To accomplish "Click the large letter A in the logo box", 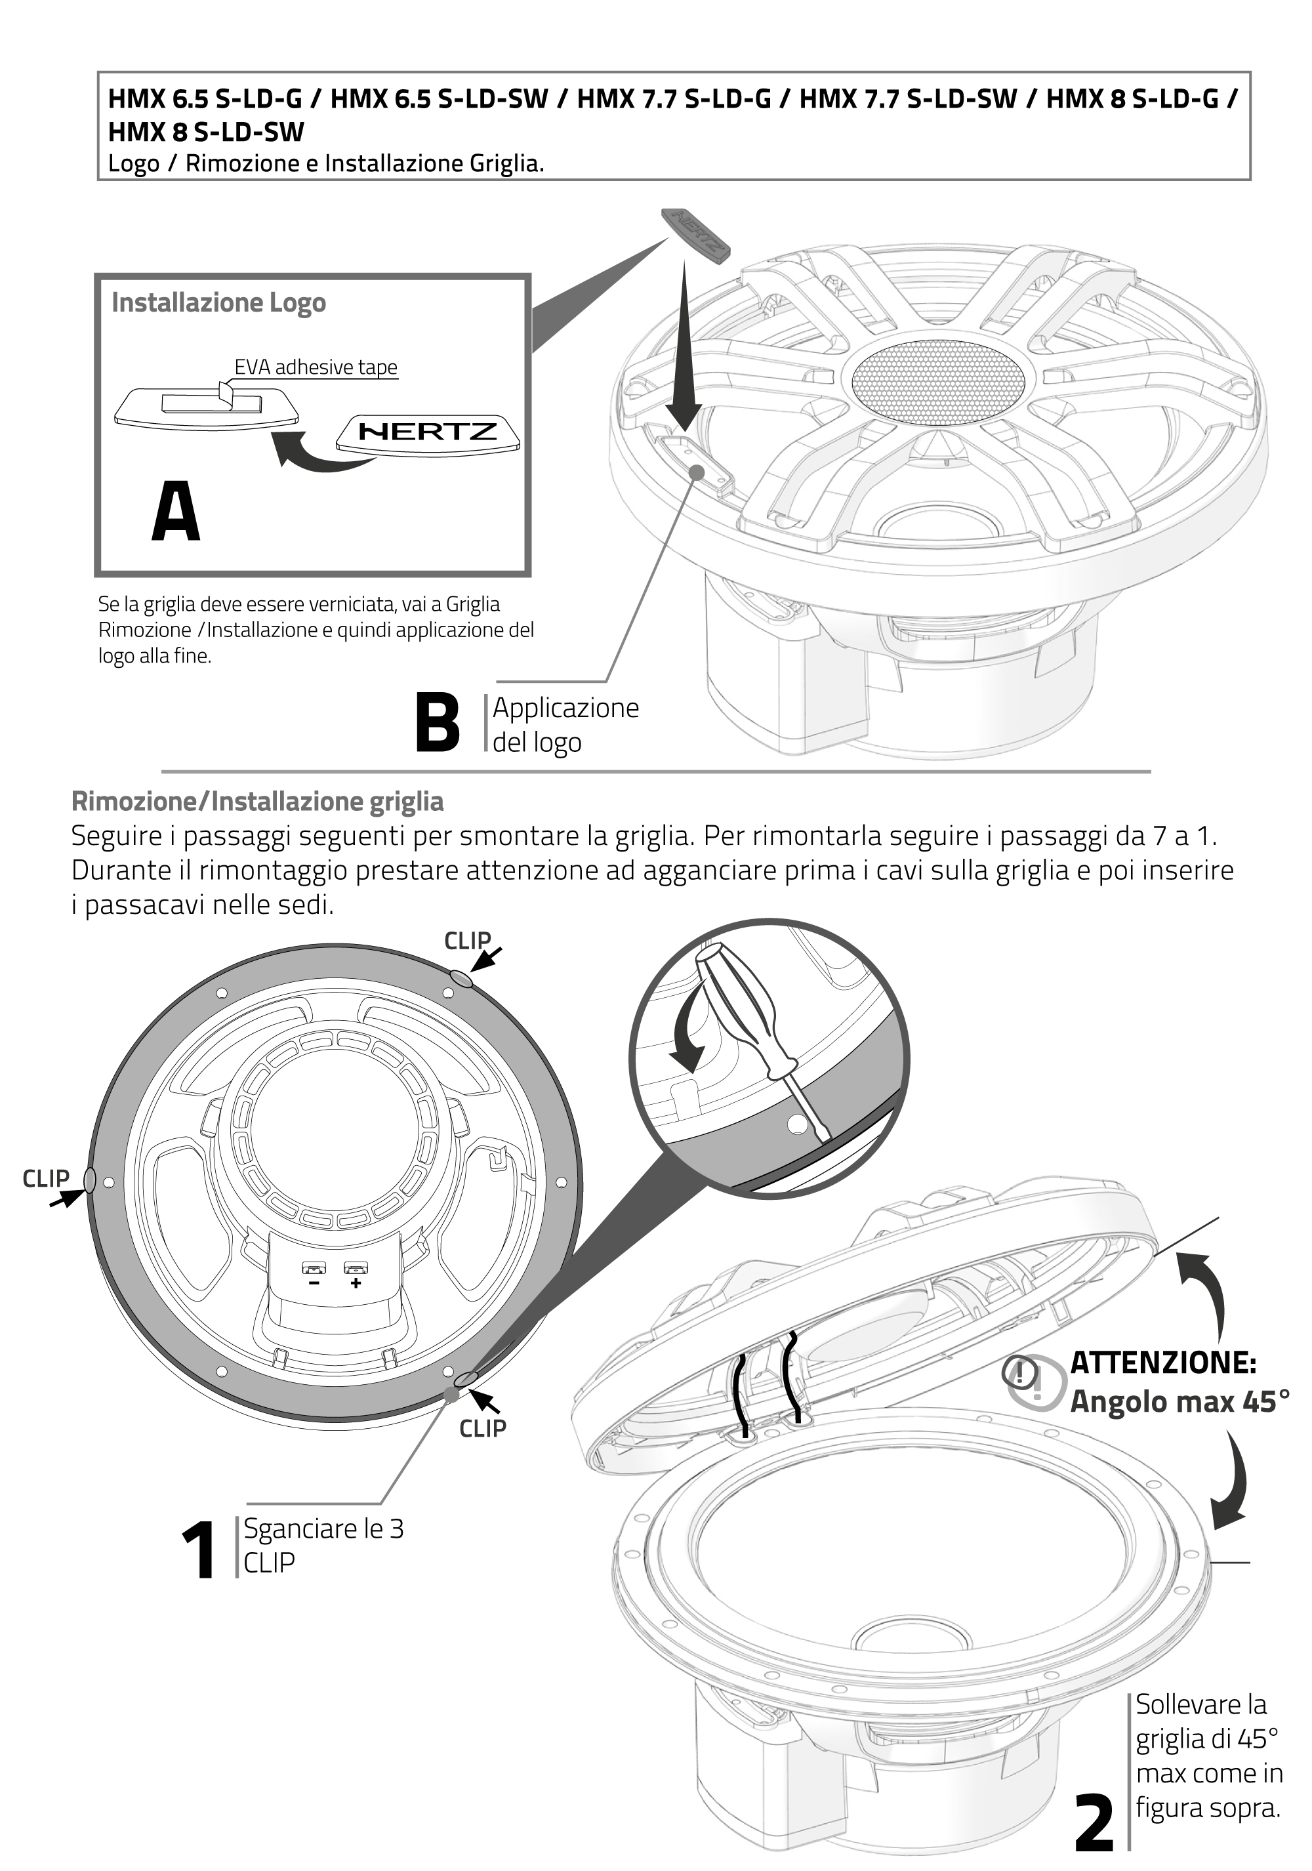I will coord(175,511).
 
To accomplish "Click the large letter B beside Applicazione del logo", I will coord(437,722).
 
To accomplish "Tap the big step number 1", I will coord(198,1551).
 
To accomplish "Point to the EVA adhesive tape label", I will coord(316,367).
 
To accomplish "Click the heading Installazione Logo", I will coord(218,302).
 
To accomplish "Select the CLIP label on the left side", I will coord(46,1178).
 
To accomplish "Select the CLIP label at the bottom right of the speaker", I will coord(482,1428).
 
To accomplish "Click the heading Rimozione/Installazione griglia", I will coord(258,801).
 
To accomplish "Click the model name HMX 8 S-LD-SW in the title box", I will coord(206,132).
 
